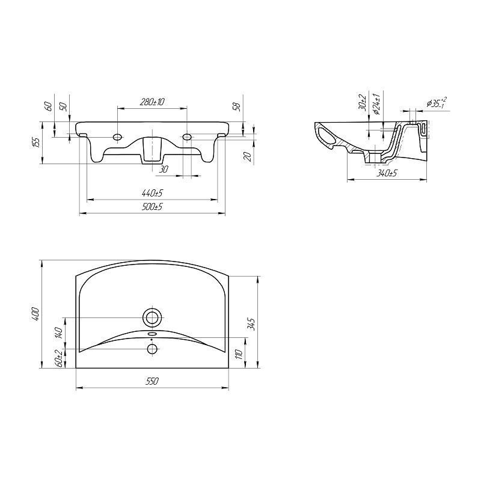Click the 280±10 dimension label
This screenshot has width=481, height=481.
152,102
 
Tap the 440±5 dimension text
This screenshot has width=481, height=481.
152,193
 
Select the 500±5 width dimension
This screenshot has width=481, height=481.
152,207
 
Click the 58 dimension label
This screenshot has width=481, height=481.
237,107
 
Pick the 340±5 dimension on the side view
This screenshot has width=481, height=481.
387,174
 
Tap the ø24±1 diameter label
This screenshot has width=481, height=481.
377,104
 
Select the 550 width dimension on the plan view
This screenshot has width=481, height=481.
152,381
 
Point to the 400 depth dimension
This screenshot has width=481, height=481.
35,314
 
